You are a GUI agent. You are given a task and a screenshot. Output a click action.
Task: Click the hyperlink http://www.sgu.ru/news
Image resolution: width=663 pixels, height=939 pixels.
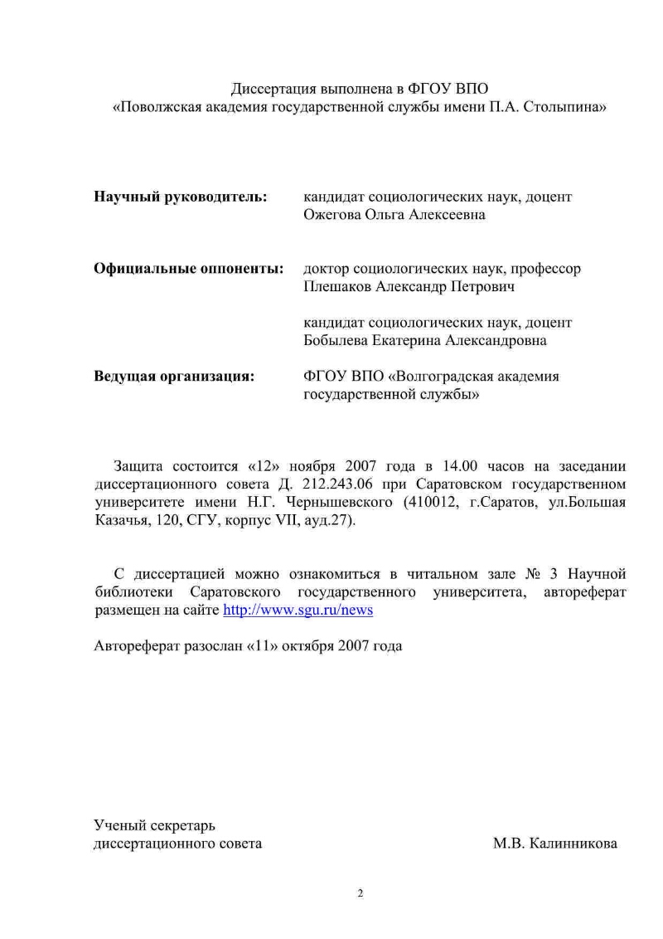(x=298, y=610)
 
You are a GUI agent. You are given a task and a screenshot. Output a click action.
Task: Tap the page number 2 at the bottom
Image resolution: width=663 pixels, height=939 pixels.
(x=360, y=893)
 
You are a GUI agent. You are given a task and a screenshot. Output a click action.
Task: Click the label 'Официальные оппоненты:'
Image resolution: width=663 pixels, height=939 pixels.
(x=189, y=269)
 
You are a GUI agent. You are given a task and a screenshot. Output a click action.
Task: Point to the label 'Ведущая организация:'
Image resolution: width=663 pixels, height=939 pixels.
(x=173, y=377)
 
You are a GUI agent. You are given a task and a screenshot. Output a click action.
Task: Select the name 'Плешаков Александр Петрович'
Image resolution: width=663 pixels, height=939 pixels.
(x=409, y=287)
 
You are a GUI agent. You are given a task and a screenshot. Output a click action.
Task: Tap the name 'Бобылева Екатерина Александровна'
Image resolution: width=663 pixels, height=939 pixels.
(x=425, y=341)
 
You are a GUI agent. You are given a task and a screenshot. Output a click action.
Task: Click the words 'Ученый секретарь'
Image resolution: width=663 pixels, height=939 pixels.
(x=154, y=825)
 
